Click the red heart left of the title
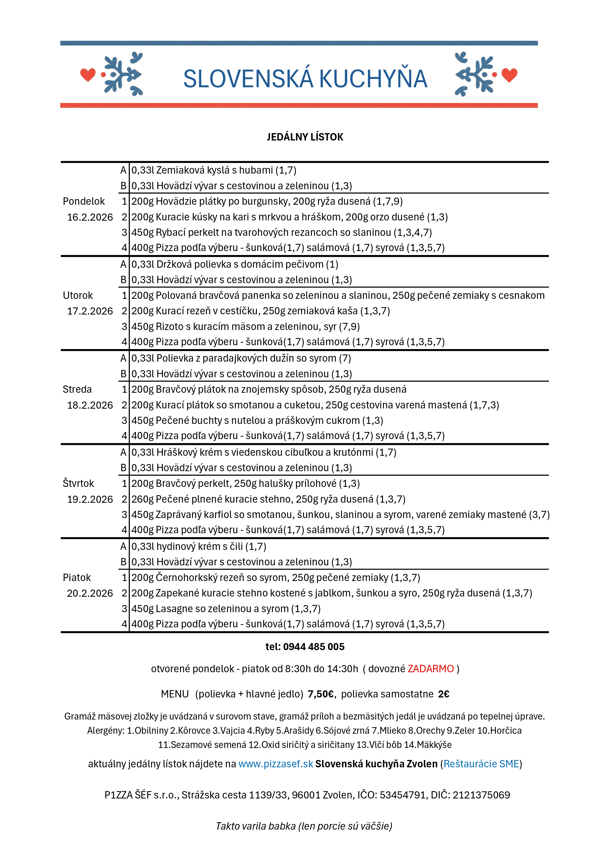[x=88, y=75]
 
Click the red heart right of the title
[x=509, y=75]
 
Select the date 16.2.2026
[x=90, y=217]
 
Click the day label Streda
[x=77, y=390]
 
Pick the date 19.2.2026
[x=90, y=499]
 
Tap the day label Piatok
[x=77, y=578]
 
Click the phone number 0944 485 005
[x=314, y=647]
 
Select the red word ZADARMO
[x=431, y=669]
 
